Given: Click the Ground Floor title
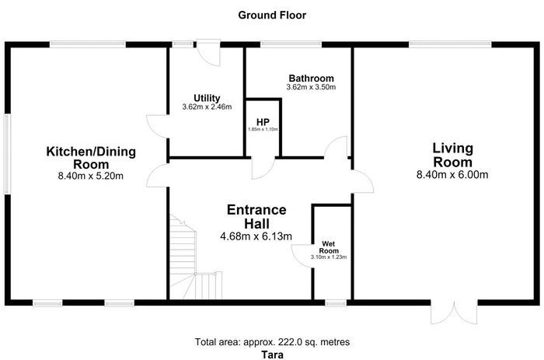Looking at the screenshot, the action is pyautogui.click(x=272, y=16).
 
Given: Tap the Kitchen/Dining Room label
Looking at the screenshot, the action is pyautogui.click(x=91, y=158).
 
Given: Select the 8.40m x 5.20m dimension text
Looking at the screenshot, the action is pyautogui.click(x=91, y=176).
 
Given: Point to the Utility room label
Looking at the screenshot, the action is pyautogui.click(x=207, y=98).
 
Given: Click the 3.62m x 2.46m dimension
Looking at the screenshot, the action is pyautogui.click(x=207, y=107).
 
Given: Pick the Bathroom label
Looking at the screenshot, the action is pyautogui.click(x=311, y=78).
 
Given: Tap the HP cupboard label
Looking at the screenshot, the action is pyautogui.click(x=263, y=122).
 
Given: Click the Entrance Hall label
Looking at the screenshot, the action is pyautogui.click(x=256, y=217).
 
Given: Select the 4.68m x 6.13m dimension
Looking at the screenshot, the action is pyautogui.click(x=256, y=236).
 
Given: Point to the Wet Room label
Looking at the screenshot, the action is pyautogui.click(x=329, y=247).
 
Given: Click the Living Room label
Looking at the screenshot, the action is pyautogui.click(x=453, y=156).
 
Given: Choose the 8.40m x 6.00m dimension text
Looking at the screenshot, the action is pyautogui.click(x=452, y=175).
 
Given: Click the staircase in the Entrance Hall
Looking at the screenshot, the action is pyautogui.click(x=195, y=257).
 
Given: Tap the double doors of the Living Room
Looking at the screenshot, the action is pyautogui.click(x=454, y=312).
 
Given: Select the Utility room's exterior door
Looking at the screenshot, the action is pyautogui.click(x=208, y=52).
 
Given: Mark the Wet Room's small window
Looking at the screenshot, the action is pyautogui.click(x=336, y=303).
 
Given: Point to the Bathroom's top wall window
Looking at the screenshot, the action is pyautogui.click(x=291, y=44).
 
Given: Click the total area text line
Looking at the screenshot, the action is pyautogui.click(x=272, y=342).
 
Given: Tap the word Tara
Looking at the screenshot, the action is pyautogui.click(x=272, y=355).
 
